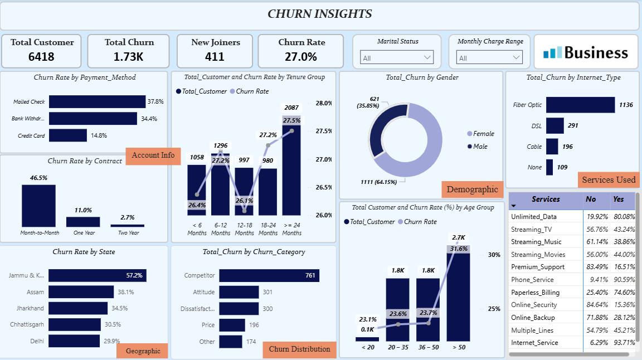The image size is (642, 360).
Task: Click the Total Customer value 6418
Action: pyautogui.click(x=42, y=56)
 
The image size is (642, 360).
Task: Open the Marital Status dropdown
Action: pyautogui.click(x=397, y=57)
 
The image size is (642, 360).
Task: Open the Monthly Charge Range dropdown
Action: pyautogui.click(x=489, y=57)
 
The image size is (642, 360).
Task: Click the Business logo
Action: pyautogui.click(x=586, y=52)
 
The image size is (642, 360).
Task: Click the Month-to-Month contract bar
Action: pyautogui.click(x=38, y=206)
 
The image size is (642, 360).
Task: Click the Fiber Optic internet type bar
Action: pyautogui.click(x=580, y=105)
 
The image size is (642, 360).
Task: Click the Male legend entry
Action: pyautogui.click(x=479, y=147)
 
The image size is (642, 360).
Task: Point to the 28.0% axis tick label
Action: pyautogui.click(x=323, y=103)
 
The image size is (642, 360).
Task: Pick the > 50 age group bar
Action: pyautogui.click(x=458, y=295)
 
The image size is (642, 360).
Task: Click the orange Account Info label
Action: pyautogui.click(x=153, y=155)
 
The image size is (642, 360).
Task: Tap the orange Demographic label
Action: pyautogui.click(x=472, y=189)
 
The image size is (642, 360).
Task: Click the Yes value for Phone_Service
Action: pyautogui.click(x=624, y=280)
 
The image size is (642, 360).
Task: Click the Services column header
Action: pyautogui.click(x=546, y=200)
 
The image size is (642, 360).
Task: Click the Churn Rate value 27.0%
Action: pyautogui.click(x=301, y=56)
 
